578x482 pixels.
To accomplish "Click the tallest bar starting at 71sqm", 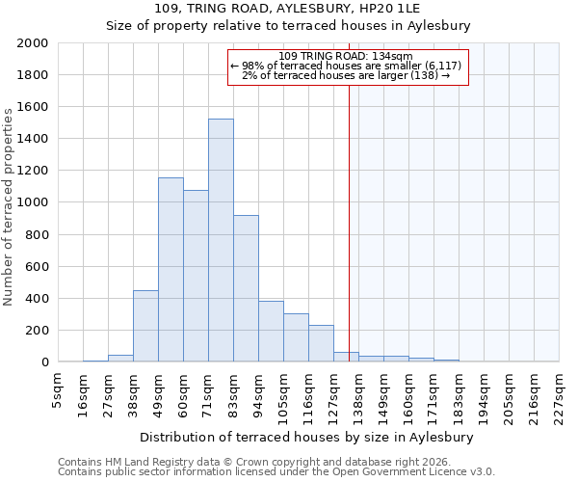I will click(221, 241).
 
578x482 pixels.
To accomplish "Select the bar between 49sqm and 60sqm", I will click(171, 270).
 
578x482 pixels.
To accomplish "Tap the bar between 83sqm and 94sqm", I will click(246, 289).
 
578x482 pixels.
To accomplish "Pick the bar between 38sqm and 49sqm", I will click(145, 326).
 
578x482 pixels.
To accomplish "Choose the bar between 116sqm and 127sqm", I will click(321, 343).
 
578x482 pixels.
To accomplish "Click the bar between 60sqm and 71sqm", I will click(196, 276).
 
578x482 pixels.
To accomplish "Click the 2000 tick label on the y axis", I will click(33, 44).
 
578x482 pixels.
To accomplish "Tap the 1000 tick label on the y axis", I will click(33, 203).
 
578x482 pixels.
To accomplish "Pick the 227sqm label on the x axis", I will click(560, 395).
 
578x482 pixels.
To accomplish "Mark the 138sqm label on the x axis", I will click(359, 395).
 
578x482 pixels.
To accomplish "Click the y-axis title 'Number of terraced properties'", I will click(9, 207).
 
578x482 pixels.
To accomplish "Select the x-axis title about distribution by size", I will click(313, 437).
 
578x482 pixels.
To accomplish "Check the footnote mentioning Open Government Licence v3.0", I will click(276, 472).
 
